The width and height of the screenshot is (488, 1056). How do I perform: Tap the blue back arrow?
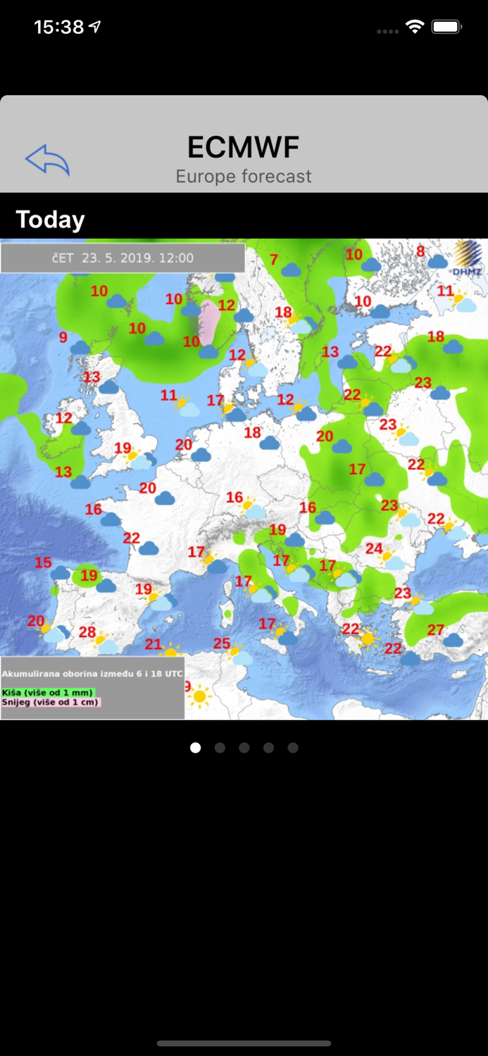pyautogui.click(x=47, y=160)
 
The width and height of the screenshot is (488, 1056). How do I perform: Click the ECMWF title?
pyautogui.click(x=244, y=147)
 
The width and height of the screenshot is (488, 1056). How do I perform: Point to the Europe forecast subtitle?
pyautogui.click(x=244, y=176)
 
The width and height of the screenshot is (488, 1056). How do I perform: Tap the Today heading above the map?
pyautogui.click(x=50, y=220)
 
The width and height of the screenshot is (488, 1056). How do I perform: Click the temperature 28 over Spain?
pyautogui.click(x=87, y=632)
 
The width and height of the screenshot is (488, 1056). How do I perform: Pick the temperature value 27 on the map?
pyautogui.click(x=436, y=629)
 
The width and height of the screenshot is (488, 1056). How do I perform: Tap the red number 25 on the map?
pyautogui.click(x=222, y=643)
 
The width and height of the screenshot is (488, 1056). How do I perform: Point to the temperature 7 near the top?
pyautogui.click(x=273, y=260)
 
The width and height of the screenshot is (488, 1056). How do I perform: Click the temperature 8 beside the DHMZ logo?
pyautogui.click(x=420, y=251)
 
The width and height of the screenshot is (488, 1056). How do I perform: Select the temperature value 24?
pyautogui.click(x=374, y=548)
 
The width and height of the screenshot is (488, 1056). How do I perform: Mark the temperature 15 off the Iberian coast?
pyautogui.click(x=43, y=562)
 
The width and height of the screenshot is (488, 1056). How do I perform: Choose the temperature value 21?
pyautogui.click(x=154, y=643)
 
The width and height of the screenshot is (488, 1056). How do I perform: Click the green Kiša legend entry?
pyautogui.click(x=47, y=692)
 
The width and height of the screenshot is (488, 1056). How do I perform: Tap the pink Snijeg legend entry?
pyautogui.click(x=51, y=702)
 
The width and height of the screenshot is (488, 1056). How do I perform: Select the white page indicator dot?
pyautogui.click(x=196, y=748)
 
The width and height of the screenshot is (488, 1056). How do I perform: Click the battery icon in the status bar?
pyautogui.click(x=446, y=27)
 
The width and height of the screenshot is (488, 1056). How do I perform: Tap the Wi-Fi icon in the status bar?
pyautogui.click(x=415, y=27)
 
